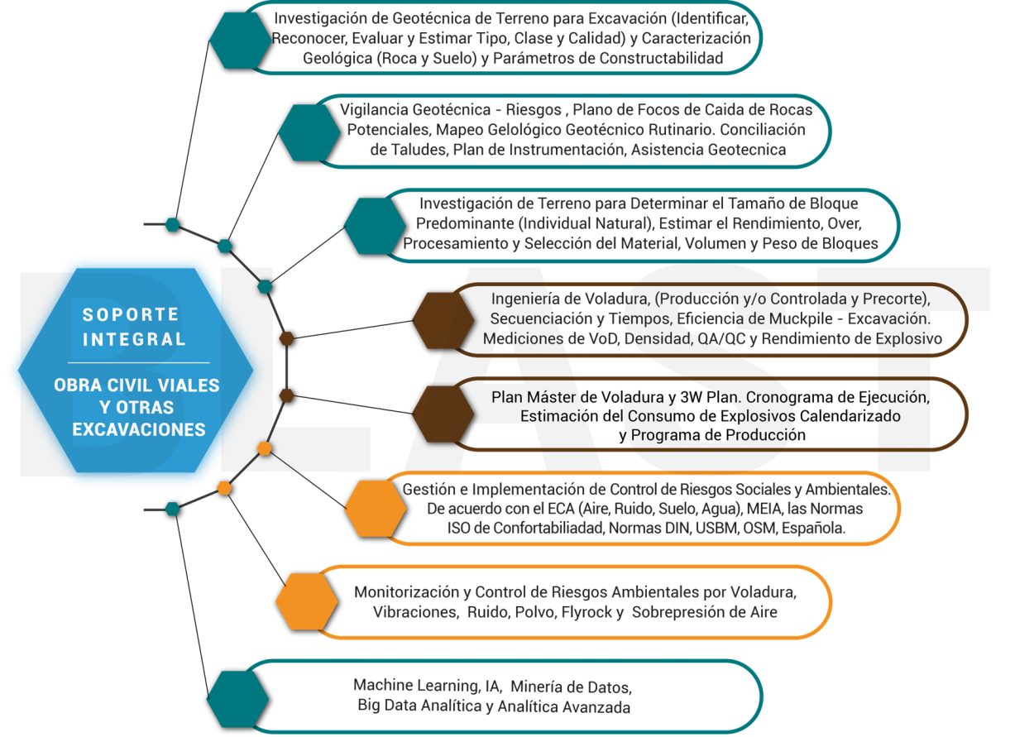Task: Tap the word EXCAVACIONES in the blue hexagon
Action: pos(139,430)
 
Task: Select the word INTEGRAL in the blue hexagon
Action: pos(134,339)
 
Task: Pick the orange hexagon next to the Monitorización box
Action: pos(307,601)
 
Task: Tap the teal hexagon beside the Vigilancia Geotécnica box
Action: pos(309,131)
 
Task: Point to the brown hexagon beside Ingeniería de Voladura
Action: pos(443,319)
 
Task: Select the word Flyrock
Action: pos(586,613)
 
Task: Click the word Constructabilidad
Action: pos(662,58)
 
